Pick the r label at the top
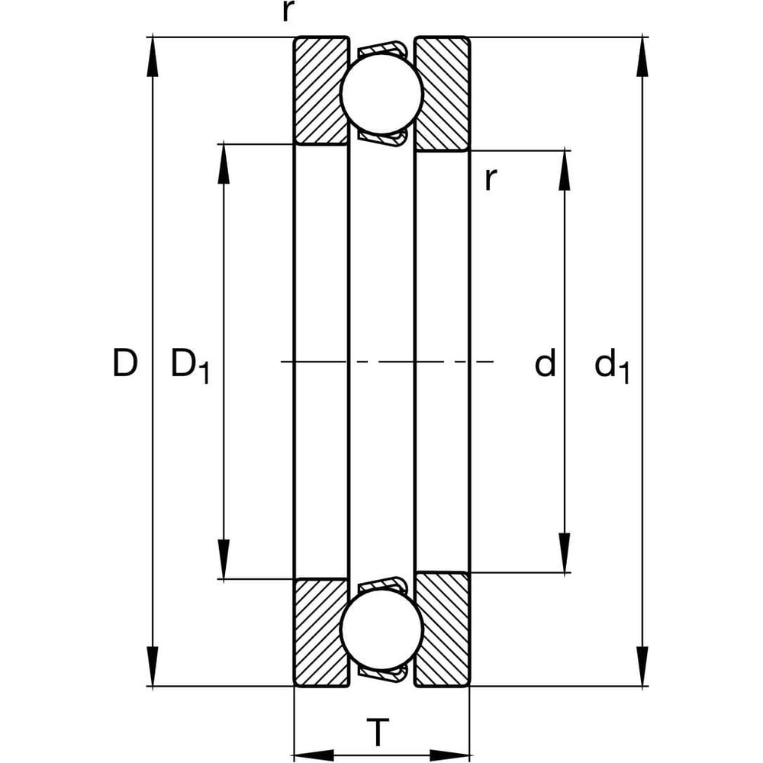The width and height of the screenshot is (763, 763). (288, 11)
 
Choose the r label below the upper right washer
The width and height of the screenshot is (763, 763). (491, 179)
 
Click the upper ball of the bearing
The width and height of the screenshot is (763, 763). (381, 93)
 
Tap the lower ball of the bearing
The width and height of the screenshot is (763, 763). (381, 629)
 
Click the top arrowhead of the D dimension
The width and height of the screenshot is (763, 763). (153, 56)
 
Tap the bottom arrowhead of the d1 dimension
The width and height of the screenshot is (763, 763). (642, 666)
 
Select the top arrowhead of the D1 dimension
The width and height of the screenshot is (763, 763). (224, 164)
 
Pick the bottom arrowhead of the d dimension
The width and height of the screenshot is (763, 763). (565, 552)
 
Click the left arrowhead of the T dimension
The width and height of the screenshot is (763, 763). (314, 755)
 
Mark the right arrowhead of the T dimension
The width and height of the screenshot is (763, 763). (449, 755)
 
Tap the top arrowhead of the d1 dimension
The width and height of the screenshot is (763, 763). (642, 56)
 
